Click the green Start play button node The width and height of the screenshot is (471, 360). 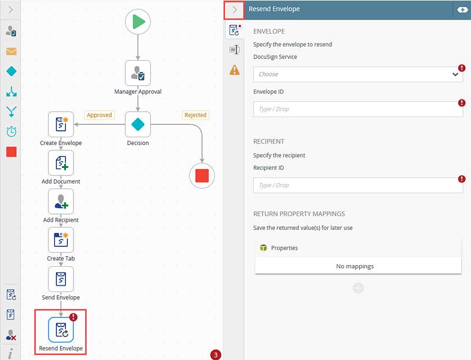pos(138,22)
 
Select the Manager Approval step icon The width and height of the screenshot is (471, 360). pos(138,73)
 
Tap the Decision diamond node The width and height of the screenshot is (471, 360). pos(138,124)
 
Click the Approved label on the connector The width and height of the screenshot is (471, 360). pos(99,115)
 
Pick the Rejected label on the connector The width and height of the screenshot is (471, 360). pos(195,115)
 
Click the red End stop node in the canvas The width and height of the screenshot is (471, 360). pos(202,176)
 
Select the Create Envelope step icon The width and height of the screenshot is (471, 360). pos(61,124)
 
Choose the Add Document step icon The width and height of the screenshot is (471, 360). pos(61,163)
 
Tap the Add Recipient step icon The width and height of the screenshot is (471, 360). pos(61,202)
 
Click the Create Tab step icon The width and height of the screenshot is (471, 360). pos(61,240)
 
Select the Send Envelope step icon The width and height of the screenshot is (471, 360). pos(61,279)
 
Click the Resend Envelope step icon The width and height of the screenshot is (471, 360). pos(61,329)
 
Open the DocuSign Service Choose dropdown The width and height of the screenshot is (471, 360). pos(358,74)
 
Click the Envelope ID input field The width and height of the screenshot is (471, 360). pos(358,109)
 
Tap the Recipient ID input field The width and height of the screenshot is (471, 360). pos(358,185)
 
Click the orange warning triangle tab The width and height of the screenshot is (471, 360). pos(234,70)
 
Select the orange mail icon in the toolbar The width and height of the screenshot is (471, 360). pos(11,51)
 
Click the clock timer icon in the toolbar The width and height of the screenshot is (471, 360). pos(11,131)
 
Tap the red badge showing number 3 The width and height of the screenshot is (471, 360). pos(215,355)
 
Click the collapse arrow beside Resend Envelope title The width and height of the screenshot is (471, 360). pos(234,10)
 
